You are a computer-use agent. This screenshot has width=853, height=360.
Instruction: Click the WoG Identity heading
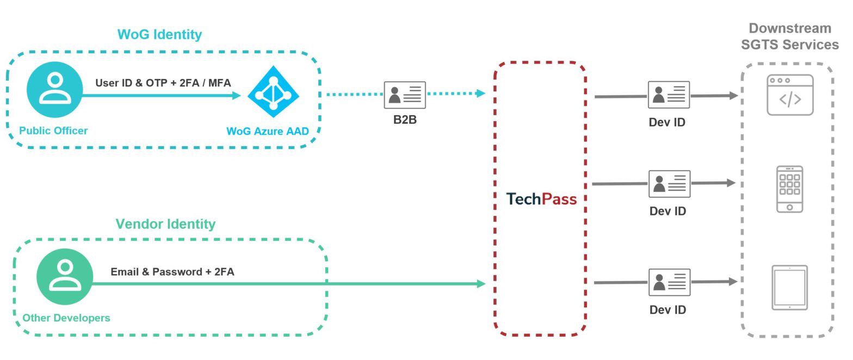pyautogui.click(x=159, y=34)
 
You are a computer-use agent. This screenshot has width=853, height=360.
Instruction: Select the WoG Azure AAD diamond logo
pyautogui.click(x=273, y=92)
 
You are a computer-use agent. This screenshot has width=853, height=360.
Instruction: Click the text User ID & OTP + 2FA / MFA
pyautogui.click(x=163, y=83)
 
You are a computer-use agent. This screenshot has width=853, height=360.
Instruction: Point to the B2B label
pyautogui.click(x=405, y=120)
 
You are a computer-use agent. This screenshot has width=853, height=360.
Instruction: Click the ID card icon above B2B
pyautogui.click(x=405, y=95)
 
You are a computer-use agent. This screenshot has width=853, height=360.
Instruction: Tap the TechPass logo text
pyautogui.click(x=541, y=199)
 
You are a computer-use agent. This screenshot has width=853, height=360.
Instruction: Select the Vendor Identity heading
pyautogui.click(x=165, y=224)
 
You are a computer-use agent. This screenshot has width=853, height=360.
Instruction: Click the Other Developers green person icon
pyautogui.click(x=65, y=276)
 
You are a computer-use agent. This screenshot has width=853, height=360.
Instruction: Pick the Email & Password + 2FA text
pyautogui.click(x=172, y=271)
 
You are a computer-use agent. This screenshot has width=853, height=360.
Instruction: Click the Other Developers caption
pyautogui.click(x=66, y=318)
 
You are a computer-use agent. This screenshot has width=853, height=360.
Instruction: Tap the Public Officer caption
pyautogui.click(x=53, y=131)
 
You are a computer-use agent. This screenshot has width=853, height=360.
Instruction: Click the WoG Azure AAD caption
pyautogui.click(x=267, y=131)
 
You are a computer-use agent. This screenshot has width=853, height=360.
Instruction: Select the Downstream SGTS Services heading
pyautogui.click(x=789, y=36)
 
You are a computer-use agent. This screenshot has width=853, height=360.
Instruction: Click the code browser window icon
pyautogui.click(x=790, y=95)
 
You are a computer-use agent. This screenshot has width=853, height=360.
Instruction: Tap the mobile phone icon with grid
pyautogui.click(x=790, y=189)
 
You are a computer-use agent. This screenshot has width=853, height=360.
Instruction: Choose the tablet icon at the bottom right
pyautogui.click(x=790, y=288)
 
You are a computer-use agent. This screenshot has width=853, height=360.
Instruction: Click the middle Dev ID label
pyautogui.click(x=667, y=211)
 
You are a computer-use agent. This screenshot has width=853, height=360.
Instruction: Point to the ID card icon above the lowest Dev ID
pyautogui.click(x=669, y=282)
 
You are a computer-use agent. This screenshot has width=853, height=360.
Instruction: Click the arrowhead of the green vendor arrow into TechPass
pyautogui.click(x=480, y=283)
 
